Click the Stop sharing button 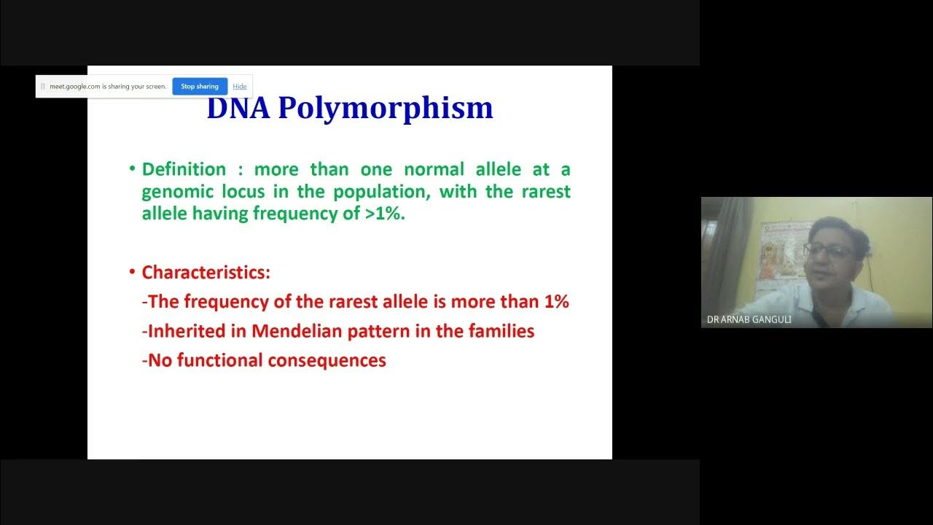(x=200, y=86)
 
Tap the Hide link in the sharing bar (x=240, y=86)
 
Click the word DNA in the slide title (x=238, y=108)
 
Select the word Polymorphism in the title (x=386, y=109)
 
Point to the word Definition (x=184, y=169)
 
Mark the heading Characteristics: (x=206, y=273)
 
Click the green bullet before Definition (x=132, y=168)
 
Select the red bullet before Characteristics (x=132, y=272)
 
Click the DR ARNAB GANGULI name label (x=749, y=319)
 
